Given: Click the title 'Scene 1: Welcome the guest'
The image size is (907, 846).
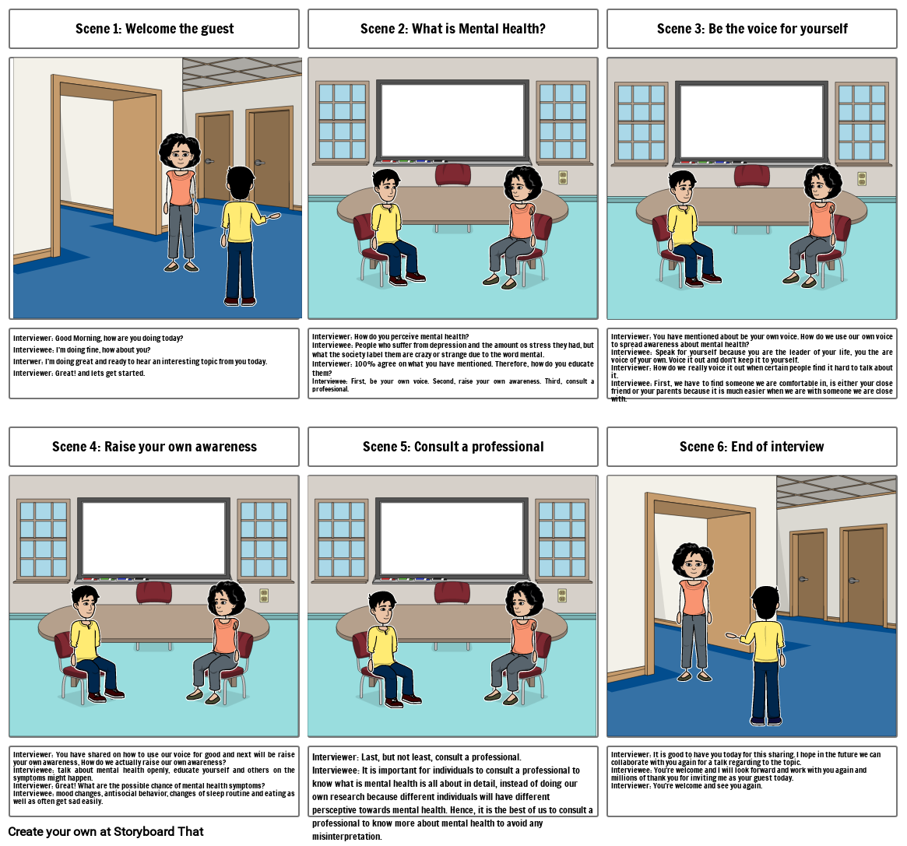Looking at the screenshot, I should coord(154,29).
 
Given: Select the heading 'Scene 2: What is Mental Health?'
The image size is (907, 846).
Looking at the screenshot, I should coord(452,29).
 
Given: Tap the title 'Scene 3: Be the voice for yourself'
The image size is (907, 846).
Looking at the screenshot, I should coord(752,29).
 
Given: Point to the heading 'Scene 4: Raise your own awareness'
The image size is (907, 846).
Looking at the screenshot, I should coord(154,447).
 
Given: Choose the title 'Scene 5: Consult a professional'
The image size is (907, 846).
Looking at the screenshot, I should coord(452,447).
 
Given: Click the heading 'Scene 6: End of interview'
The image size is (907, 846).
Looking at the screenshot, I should coord(752,447).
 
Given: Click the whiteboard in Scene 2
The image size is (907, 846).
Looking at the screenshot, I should coord(452,120).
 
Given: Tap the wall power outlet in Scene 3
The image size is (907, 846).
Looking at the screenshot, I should coord(861,178).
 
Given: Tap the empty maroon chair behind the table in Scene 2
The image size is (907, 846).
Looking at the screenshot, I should coord(452,175).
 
